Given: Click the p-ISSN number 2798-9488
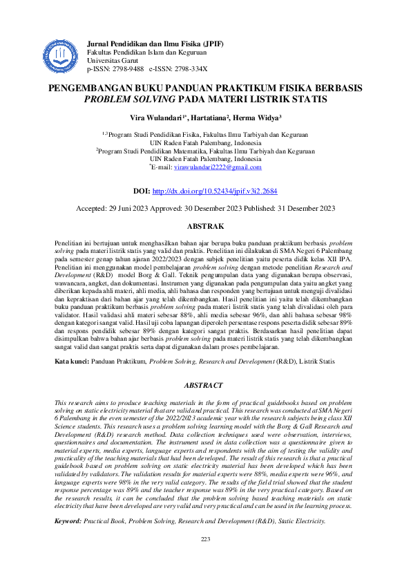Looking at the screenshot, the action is click(x=127, y=70).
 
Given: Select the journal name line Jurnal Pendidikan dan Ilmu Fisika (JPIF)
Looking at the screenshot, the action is click(x=155, y=44).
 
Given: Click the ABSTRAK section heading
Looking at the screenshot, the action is click(x=205, y=226).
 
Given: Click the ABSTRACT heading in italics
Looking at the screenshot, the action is click(x=205, y=385).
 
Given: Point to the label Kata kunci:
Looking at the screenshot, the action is click(x=73, y=360).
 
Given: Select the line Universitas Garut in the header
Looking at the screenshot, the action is click(x=112, y=61).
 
